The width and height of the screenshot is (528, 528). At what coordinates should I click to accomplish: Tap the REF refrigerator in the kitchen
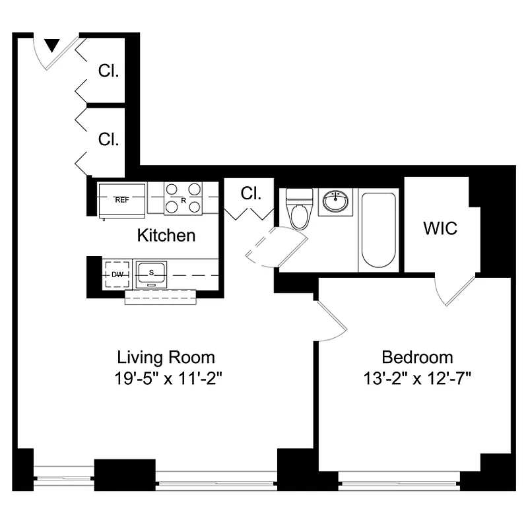[x=122, y=199]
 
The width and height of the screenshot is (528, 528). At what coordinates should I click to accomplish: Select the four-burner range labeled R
[x=183, y=199]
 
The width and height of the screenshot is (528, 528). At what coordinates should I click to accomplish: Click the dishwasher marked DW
[x=117, y=274]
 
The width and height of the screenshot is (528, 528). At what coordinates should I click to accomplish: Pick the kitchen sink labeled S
[x=151, y=273]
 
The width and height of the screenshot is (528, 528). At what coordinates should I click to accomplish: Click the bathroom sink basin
[x=337, y=201]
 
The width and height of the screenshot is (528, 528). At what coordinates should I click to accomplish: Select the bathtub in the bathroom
[x=378, y=230]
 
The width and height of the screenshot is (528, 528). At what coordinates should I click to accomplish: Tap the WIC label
[x=440, y=228]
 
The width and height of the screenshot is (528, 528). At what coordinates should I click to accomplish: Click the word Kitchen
[x=166, y=235]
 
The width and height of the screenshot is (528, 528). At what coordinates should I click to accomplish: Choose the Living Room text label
[x=166, y=358]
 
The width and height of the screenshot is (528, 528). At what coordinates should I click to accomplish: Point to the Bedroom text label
[x=418, y=358]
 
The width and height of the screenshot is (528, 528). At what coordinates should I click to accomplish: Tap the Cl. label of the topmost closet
[x=108, y=71]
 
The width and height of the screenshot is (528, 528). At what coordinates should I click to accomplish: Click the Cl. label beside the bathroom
[x=251, y=194]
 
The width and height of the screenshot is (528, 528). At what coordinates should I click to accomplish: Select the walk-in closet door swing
[x=459, y=290]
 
